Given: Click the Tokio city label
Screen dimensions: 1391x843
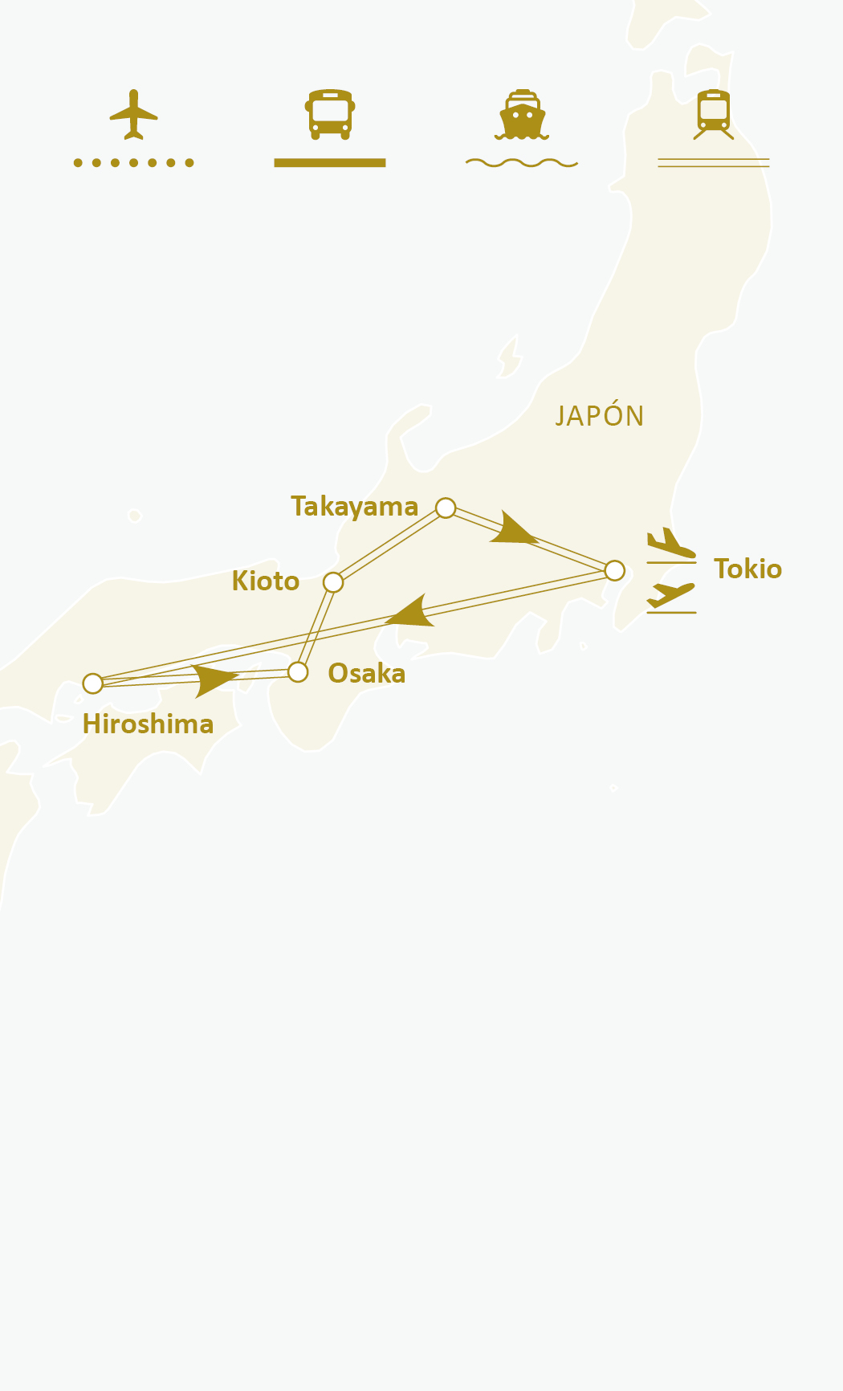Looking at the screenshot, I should (747, 569).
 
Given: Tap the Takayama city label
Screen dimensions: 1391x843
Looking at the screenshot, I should (354, 507).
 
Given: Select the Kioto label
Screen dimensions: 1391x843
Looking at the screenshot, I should (265, 581).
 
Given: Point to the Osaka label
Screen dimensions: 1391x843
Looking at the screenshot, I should (366, 673).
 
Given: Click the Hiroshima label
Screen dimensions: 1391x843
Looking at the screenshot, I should (148, 724).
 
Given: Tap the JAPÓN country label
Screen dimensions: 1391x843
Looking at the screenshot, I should (600, 416).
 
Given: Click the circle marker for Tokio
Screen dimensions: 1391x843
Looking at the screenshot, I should (614, 570).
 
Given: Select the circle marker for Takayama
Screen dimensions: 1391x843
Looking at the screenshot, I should (446, 508).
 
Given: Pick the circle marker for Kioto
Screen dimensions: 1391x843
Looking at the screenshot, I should (333, 582).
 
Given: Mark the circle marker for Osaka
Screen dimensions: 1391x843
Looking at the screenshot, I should (298, 671).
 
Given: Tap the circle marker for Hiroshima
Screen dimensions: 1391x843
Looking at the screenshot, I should (93, 683).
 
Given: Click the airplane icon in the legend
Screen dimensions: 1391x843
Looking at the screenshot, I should (133, 114).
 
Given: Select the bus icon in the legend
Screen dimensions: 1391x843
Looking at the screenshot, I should (330, 114).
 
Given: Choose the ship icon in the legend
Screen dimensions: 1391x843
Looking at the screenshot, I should (522, 114).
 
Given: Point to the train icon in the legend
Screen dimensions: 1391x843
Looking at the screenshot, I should (713, 114).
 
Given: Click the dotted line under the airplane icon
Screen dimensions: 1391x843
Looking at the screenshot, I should (133, 163).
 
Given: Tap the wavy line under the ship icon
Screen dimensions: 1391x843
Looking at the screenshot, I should (522, 163).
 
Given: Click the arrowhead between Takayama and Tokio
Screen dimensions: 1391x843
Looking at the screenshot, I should (512, 529).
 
